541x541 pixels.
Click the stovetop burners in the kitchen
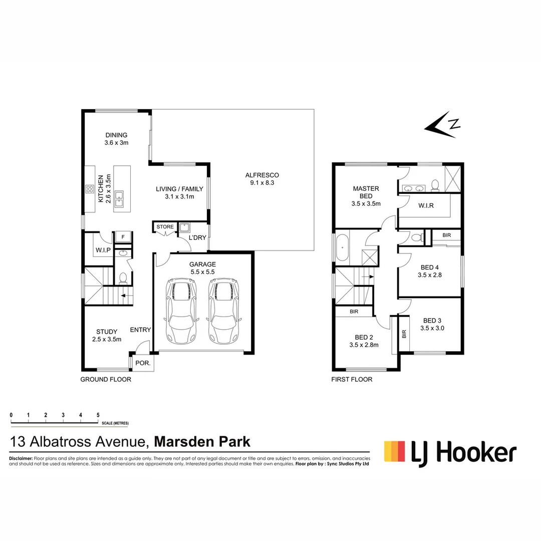(x=90, y=189)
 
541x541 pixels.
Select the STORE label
(x=165, y=227)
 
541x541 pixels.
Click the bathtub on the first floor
(x=343, y=247)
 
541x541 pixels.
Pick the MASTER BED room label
(x=366, y=192)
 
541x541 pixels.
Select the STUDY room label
(x=107, y=332)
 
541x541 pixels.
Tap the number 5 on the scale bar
(x=98, y=415)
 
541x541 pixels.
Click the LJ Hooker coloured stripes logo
(x=394, y=451)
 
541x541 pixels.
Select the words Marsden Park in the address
(x=202, y=442)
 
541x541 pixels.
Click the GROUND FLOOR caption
(x=106, y=379)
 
